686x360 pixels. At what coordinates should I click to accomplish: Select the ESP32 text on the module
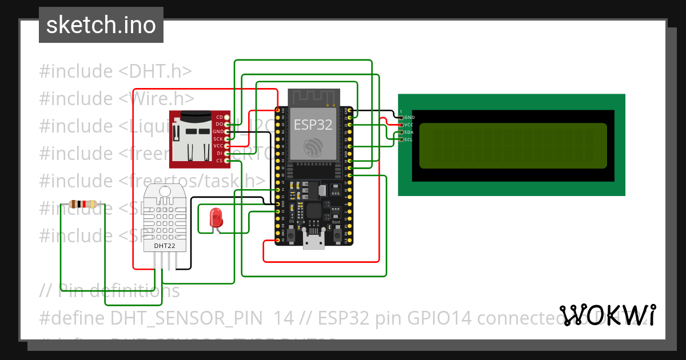coord(313,125)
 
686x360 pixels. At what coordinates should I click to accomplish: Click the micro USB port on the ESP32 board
coord(313,242)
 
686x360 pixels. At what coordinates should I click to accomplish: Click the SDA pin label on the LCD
coord(408,132)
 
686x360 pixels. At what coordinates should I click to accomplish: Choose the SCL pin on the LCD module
coord(408,139)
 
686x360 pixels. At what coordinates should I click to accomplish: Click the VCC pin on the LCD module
coord(408,125)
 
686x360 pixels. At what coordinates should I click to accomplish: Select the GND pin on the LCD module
coord(408,117)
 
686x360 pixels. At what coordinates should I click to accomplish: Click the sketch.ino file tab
coord(101,25)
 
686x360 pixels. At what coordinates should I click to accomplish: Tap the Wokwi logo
coord(607,314)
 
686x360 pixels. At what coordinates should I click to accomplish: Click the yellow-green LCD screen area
coord(513,146)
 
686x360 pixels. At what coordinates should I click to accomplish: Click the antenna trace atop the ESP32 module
coord(313,98)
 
